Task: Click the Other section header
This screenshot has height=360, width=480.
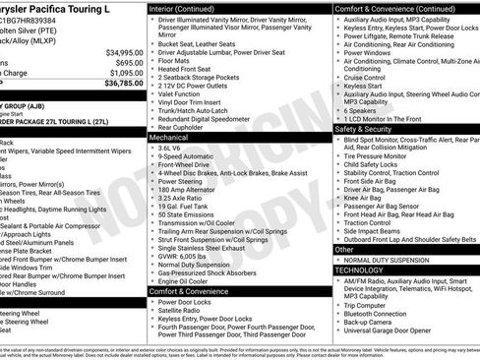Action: click(x=344, y=250)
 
